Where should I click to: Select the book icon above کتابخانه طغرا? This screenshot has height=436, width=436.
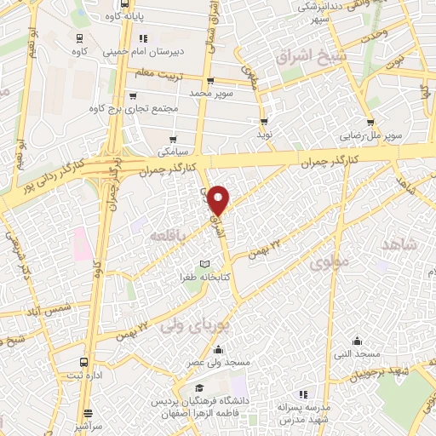pos(203,264)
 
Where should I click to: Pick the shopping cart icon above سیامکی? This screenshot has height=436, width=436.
pos(174,139)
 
